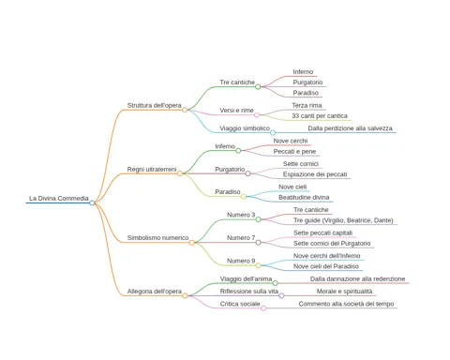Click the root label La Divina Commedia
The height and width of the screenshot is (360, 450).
click(59, 199)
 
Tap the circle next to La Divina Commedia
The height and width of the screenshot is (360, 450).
click(92, 202)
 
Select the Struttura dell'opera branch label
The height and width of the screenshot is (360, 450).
click(154, 106)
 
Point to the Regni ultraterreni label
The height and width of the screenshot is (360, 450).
click(152, 170)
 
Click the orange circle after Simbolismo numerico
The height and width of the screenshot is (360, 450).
click(192, 243)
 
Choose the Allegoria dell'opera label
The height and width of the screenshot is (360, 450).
click(155, 292)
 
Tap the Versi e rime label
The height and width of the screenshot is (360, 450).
click(236, 111)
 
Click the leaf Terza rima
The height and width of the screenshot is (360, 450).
click(307, 106)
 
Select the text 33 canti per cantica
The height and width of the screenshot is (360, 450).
click(320, 116)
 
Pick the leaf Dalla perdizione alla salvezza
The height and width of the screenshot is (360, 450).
click(350, 128)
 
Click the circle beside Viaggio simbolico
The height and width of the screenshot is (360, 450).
click(273, 133)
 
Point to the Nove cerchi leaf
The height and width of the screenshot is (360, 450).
click(291, 141)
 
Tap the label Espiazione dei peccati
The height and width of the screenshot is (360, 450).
click(315, 174)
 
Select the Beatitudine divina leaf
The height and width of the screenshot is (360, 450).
click(304, 198)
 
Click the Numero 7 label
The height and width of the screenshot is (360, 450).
click(241, 238)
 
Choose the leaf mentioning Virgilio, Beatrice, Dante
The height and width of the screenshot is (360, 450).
click(343, 220)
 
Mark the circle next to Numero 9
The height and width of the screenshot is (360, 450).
click(259, 265)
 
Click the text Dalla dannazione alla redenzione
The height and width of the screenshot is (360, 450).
click(357, 278)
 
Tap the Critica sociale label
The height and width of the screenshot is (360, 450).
click(240, 304)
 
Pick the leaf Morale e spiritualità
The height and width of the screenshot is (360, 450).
click(344, 292)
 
